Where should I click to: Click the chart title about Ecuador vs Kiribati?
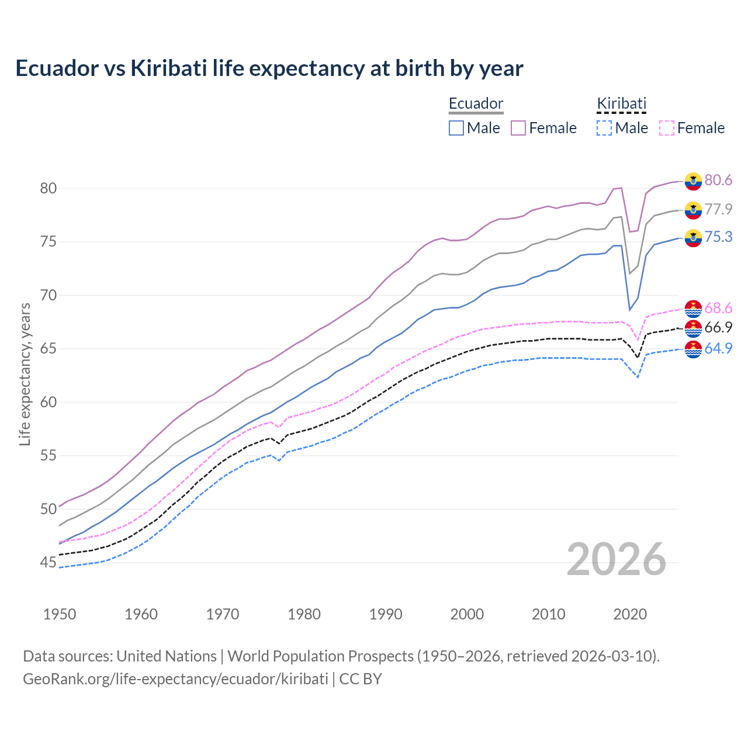[x=269, y=68]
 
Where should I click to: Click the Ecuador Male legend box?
[x=456, y=128]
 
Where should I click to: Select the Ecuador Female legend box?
[x=518, y=128]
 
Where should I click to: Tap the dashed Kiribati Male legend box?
[x=604, y=128]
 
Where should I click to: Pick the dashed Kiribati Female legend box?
[x=666, y=128]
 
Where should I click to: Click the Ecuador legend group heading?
[x=476, y=103]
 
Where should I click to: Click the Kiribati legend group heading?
[x=621, y=103]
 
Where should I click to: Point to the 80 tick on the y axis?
[x=48, y=188]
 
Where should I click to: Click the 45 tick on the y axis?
[x=48, y=563]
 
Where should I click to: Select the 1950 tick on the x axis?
[x=60, y=614]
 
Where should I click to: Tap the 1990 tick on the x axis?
[x=386, y=614]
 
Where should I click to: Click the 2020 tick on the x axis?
[x=630, y=614]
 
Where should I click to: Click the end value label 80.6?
[x=718, y=180]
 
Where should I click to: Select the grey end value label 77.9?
[x=718, y=209]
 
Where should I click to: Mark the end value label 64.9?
[x=718, y=349]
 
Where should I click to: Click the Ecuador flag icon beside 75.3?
[x=693, y=238]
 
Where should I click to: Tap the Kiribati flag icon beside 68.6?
[x=693, y=308]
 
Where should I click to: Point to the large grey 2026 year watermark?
[x=617, y=559]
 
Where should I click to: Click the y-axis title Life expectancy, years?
[x=25, y=374]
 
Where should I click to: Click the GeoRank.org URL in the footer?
[x=175, y=679]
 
